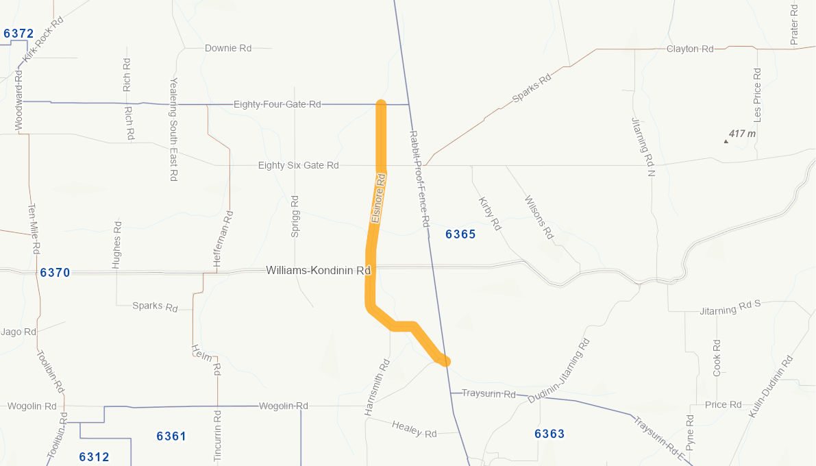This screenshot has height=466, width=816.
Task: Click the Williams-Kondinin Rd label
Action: [x=318, y=271]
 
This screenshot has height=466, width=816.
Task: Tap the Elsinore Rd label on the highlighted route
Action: [x=378, y=198]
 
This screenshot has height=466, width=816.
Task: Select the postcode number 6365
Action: [x=460, y=234]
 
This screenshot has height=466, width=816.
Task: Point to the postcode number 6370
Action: [x=55, y=273]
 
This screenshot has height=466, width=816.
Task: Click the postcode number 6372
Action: [x=18, y=34]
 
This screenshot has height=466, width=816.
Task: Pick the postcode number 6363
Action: [x=549, y=434]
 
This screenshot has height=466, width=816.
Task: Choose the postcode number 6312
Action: [x=94, y=457]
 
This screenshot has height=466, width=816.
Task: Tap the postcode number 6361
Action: [x=171, y=437]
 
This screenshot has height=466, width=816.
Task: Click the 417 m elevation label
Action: [x=742, y=134]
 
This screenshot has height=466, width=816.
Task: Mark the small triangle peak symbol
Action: [x=726, y=142]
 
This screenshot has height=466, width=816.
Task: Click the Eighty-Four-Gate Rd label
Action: [x=277, y=104]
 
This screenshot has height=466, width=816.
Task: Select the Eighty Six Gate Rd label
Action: [x=298, y=166]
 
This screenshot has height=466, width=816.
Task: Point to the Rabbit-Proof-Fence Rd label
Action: [x=419, y=178]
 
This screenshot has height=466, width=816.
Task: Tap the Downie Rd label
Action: [x=228, y=49]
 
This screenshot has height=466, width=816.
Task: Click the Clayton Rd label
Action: [x=690, y=49]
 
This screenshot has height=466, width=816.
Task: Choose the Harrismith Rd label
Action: [x=377, y=387]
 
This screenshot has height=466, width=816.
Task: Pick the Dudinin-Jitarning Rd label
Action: [x=558, y=371]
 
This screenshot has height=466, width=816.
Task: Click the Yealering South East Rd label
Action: [x=173, y=129]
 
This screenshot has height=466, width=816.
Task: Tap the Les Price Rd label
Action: [x=757, y=95]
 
